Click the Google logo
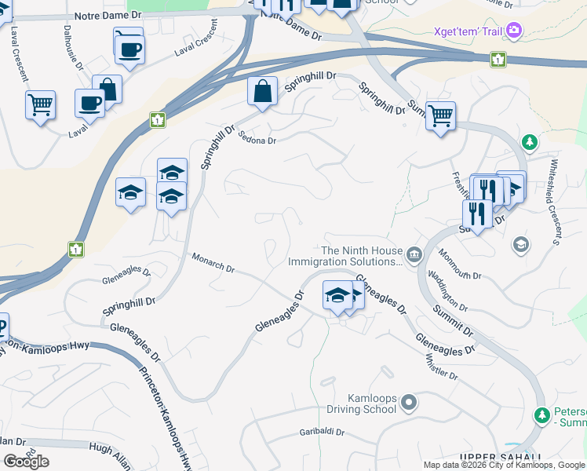tap(26, 462)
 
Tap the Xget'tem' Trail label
tap(467, 32)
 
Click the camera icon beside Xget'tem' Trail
tap(515, 31)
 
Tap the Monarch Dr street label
tap(213, 263)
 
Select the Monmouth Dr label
tap(460, 265)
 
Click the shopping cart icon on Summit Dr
tap(440, 115)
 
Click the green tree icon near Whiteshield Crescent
tap(530, 142)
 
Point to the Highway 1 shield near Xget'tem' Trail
tap(498, 59)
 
